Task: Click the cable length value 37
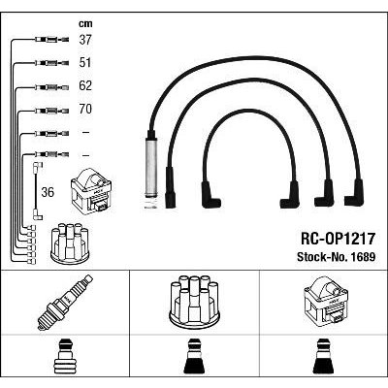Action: tap(85, 40)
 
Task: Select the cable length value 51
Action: tap(85, 62)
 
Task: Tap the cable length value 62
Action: tap(85, 85)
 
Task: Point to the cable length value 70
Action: tap(85, 109)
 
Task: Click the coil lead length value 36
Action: tap(48, 192)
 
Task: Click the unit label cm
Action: tap(85, 23)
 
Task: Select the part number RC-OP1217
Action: tap(338, 239)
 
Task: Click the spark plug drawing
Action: tap(65, 303)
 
